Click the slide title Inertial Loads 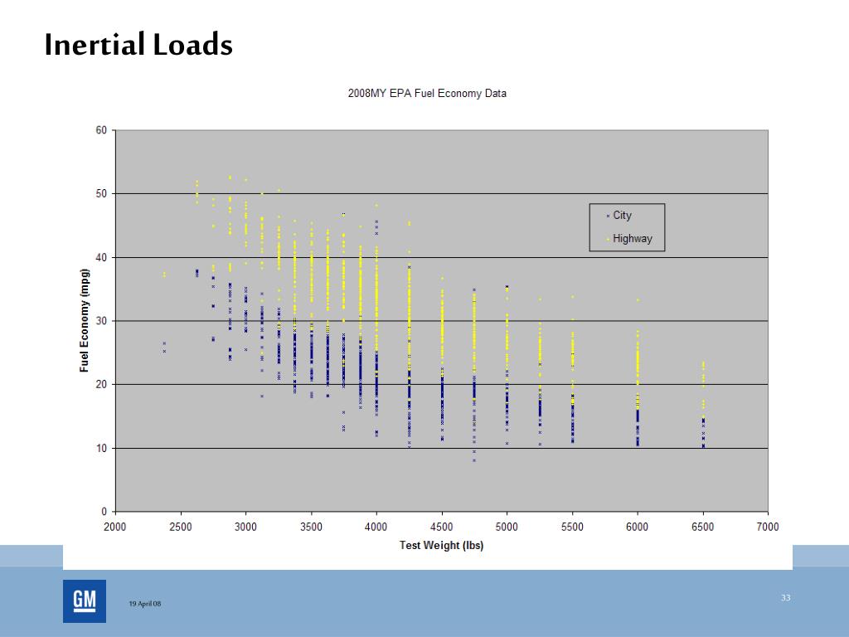(x=138, y=45)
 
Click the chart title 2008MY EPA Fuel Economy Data (x=426, y=94)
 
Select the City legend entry (x=622, y=216)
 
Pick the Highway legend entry (x=633, y=239)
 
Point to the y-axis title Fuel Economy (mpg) (x=85, y=321)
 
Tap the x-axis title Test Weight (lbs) (x=441, y=546)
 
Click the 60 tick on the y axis (x=102, y=130)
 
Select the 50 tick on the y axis (x=102, y=194)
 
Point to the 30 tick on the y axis (x=102, y=321)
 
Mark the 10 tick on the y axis (x=102, y=449)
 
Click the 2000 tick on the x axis (x=115, y=527)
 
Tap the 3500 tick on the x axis (x=311, y=527)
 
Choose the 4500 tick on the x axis (x=442, y=527)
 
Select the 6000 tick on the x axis (x=638, y=527)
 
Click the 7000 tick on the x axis (x=768, y=527)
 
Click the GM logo (x=85, y=601)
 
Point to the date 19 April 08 (x=145, y=604)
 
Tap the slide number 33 (x=786, y=597)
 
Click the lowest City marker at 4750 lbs (x=474, y=460)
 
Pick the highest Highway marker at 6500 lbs (x=703, y=362)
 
